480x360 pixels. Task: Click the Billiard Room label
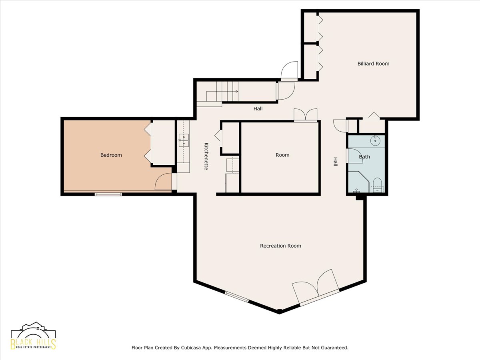373,64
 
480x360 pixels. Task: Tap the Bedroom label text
111,155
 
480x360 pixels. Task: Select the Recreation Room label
280,246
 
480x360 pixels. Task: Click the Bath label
364,157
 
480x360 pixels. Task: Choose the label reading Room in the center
282,155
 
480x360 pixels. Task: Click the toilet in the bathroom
377,185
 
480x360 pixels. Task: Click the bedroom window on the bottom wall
108,194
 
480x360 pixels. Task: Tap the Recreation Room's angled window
237,297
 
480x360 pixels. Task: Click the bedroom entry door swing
163,182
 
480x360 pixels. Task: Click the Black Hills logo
34,336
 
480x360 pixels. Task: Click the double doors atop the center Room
306,115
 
